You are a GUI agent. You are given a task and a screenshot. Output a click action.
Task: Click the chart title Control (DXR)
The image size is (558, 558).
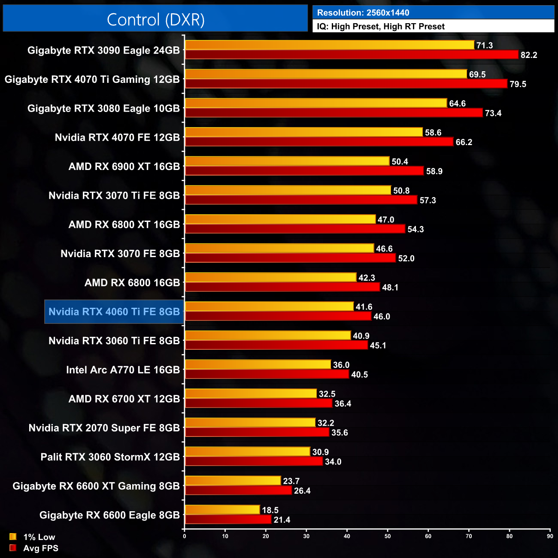pos(155,19)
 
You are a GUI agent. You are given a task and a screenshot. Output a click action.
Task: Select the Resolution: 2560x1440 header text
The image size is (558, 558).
pos(363,13)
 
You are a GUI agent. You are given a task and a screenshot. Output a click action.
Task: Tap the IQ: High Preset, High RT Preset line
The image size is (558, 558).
pos(381,27)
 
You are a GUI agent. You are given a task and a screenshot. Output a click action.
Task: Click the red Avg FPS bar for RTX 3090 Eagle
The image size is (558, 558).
pos(352,55)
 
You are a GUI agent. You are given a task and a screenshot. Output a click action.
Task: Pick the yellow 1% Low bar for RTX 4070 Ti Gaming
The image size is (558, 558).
pos(326,74)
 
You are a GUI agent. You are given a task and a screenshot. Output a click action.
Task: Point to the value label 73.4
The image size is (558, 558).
pos(493,113)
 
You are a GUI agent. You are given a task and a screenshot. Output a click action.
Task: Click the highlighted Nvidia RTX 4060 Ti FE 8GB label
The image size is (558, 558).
pos(114,312)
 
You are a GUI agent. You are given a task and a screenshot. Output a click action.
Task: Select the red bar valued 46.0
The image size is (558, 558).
pos(278,316)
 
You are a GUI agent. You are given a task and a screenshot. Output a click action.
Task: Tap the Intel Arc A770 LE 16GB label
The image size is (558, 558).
pos(123,370)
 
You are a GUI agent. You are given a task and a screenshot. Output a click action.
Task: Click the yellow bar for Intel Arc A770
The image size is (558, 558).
pos(258,365)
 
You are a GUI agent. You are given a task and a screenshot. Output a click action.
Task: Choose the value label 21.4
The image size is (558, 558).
pos(282,520)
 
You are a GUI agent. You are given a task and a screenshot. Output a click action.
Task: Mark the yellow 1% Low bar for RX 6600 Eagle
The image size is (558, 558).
pos(222,510)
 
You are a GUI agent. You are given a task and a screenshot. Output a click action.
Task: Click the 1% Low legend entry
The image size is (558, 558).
pos(39,537)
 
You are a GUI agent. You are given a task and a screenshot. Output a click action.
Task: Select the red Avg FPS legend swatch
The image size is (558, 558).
pos(13,548)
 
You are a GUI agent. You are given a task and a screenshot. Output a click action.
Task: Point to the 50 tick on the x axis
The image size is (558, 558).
pos(388,536)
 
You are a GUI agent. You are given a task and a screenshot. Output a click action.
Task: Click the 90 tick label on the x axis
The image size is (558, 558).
pos(550,536)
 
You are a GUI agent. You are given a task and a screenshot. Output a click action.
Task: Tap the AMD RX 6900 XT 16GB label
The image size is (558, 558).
pos(124,167)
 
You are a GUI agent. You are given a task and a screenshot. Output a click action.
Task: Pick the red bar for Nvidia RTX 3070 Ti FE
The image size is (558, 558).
pos(301,200)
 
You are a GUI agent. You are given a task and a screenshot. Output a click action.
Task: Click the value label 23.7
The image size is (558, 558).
pos(291,481)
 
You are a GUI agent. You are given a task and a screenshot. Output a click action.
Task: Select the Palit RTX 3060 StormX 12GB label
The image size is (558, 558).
pos(110,457)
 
